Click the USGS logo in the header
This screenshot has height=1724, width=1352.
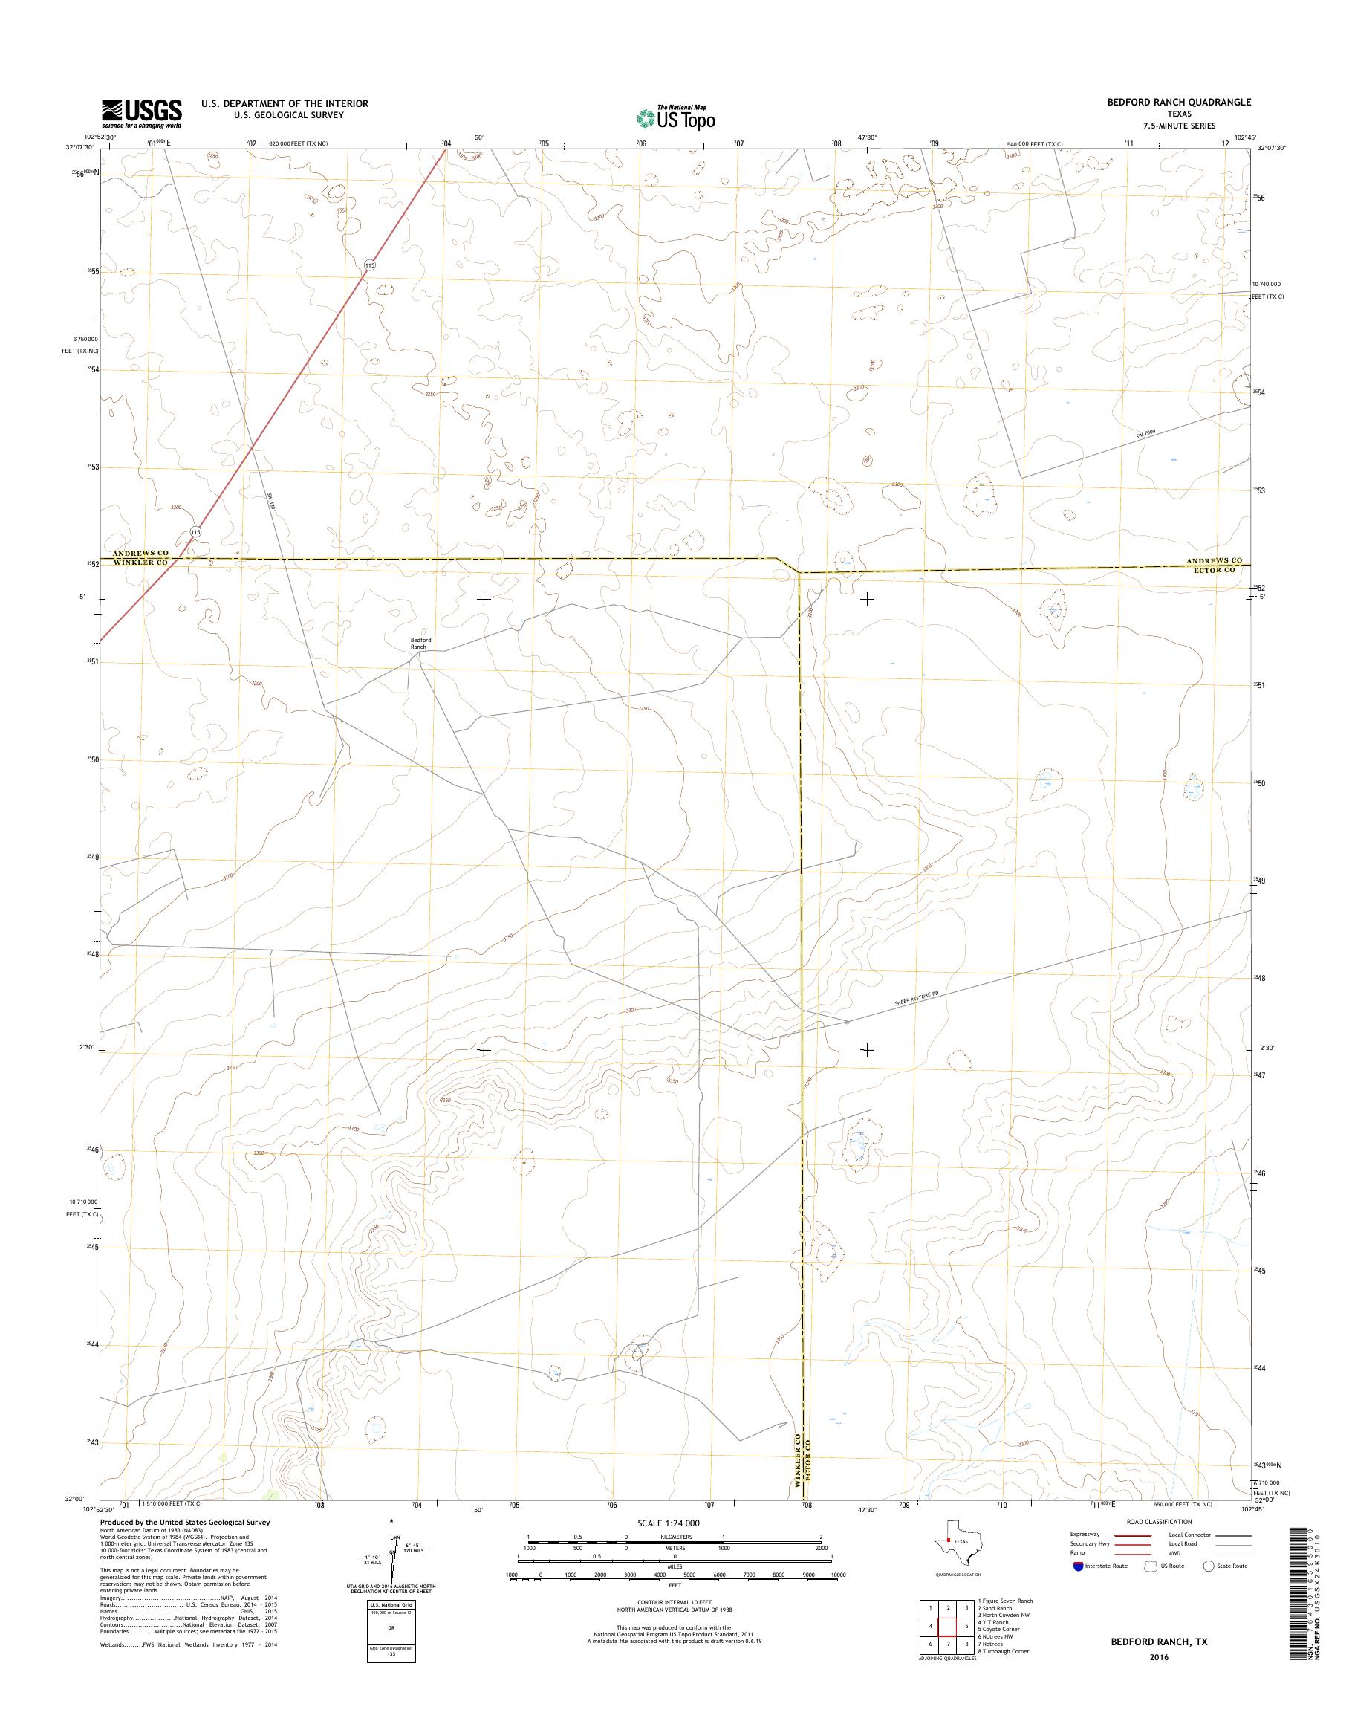pos(141,113)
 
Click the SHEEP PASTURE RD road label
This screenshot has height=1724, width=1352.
pos(901,999)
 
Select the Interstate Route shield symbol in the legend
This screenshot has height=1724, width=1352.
pos(1076,1566)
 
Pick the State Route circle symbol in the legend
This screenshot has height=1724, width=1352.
pos(1208,1566)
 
